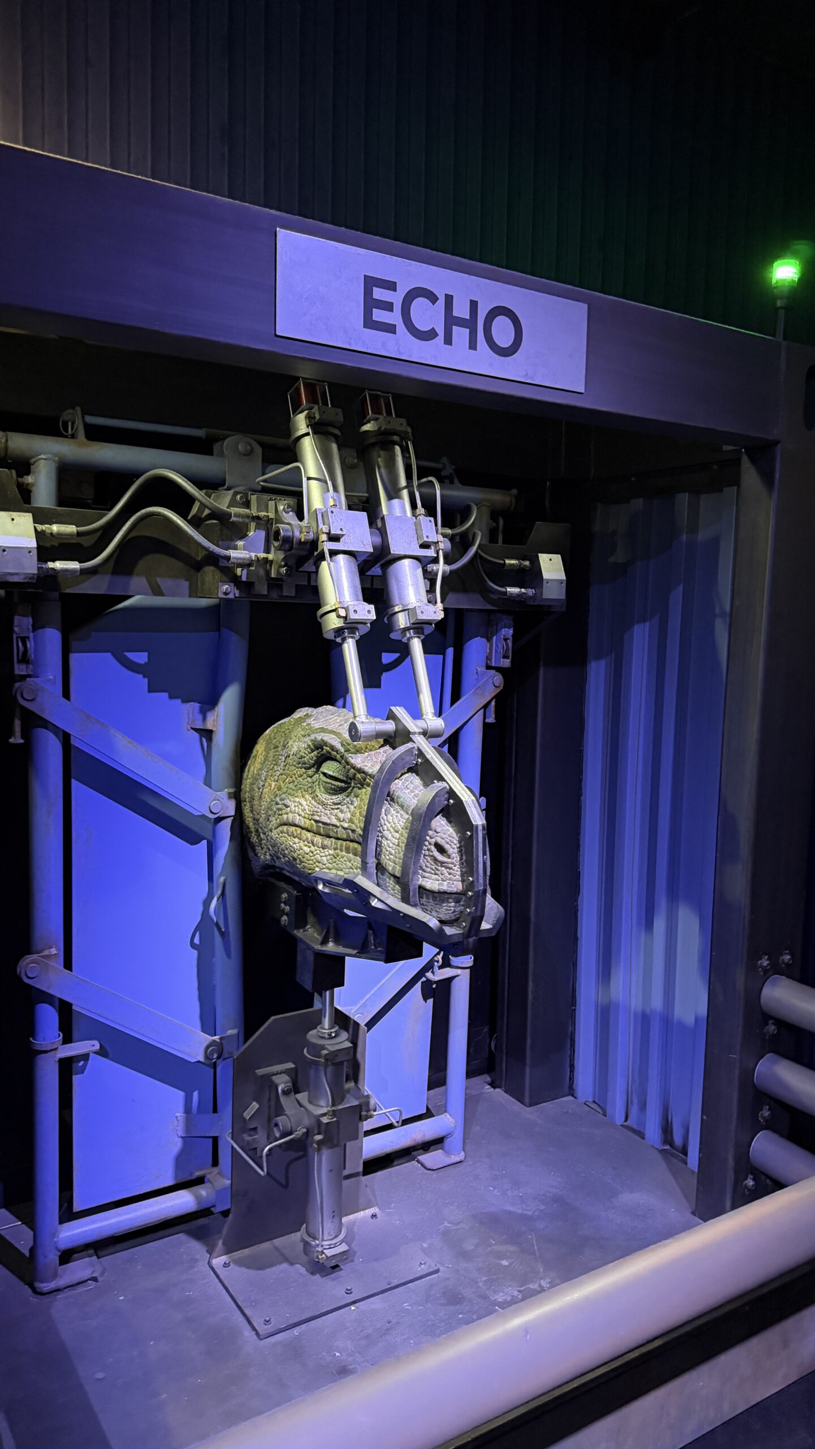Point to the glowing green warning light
786,273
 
